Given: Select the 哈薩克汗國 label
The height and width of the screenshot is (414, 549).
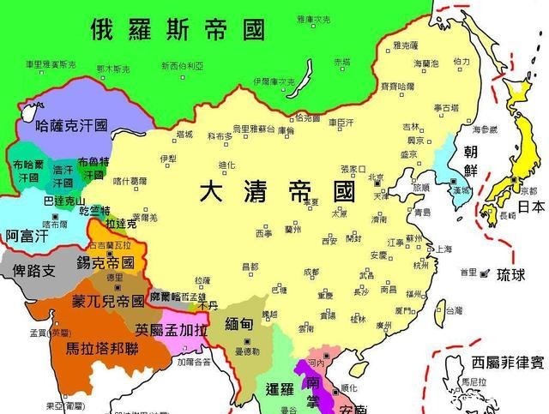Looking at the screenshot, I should click(x=71, y=125).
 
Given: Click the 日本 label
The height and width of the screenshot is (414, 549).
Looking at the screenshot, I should click(x=530, y=207).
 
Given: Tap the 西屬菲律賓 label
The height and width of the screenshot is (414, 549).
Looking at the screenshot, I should click(x=501, y=362).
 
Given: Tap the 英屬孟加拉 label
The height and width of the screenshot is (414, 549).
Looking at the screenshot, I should click(x=171, y=329).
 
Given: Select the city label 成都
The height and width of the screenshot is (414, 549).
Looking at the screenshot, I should click(x=311, y=272).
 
